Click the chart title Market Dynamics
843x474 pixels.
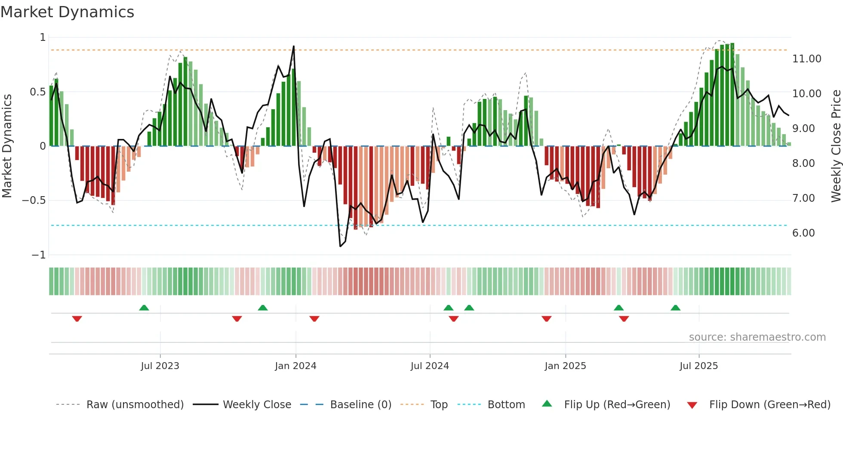[x=68, y=12]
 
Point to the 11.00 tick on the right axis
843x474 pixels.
[x=806, y=59]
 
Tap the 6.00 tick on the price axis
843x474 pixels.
[x=803, y=233]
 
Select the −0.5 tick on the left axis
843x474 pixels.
[x=34, y=200]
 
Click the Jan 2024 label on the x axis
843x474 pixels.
[x=295, y=366]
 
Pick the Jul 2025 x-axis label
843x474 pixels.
[x=698, y=366]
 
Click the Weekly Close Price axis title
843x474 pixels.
[x=836, y=146]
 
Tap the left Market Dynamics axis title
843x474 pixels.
[x=7, y=146]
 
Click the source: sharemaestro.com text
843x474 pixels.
[x=757, y=337]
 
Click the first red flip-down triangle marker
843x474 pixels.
[x=77, y=319]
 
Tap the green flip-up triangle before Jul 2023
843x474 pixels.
[x=144, y=308]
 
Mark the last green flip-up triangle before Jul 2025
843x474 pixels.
[x=675, y=308]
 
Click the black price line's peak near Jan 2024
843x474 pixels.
[x=294, y=46]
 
